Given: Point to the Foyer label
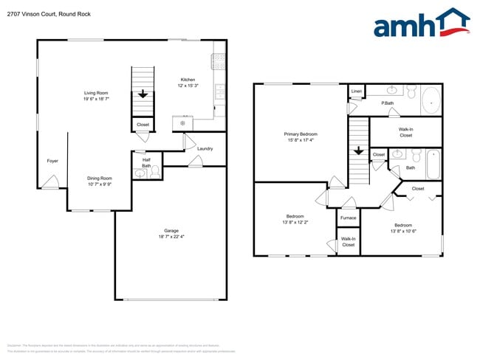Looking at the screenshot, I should point(52,160).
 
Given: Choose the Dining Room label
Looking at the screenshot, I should point(100,178).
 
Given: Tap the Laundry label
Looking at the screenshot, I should point(205,148).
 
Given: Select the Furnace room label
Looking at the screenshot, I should point(348,218).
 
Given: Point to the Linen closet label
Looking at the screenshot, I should point(356,91).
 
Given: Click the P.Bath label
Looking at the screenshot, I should point(387,103).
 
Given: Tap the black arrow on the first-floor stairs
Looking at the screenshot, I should point(143,94).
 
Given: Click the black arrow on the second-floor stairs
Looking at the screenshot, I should point(358,151).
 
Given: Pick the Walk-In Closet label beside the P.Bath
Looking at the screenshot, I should point(405,132).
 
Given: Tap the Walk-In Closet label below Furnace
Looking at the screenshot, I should point(348,241).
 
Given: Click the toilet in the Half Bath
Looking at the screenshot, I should point(140,175).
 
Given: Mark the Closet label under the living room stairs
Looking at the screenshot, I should point(143,125).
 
